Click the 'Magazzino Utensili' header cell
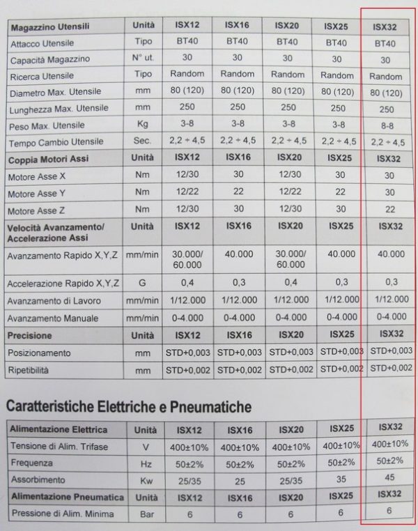[49, 26]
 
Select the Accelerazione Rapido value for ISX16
[238, 283]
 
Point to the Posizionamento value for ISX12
[187, 353]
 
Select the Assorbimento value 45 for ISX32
[388, 477]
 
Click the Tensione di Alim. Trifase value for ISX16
[238, 446]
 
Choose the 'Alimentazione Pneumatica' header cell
[65, 497]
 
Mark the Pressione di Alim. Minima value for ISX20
[287, 514]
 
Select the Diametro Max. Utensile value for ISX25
[338, 91]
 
